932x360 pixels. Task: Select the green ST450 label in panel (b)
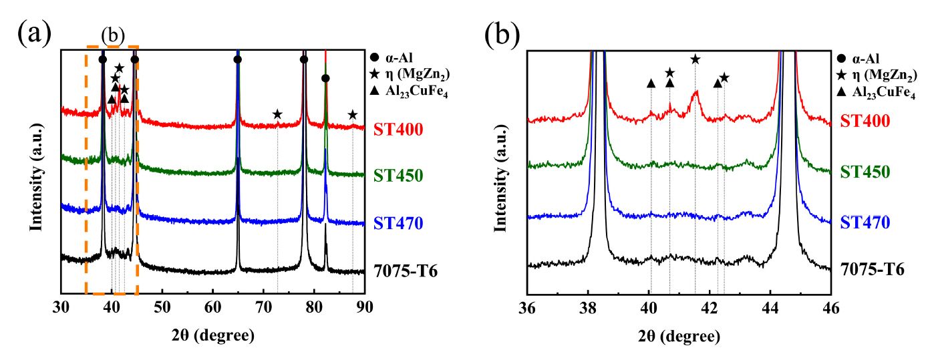(865, 171)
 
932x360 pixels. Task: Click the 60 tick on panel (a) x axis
(212, 308)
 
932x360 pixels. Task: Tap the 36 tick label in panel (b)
(528, 308)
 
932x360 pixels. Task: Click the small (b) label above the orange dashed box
(112, 34)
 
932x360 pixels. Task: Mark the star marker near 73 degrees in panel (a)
(277, 114)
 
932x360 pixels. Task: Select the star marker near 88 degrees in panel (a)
(353, 114)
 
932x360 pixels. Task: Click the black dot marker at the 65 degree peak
(238, 59)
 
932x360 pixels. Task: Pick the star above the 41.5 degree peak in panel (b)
(695, 59)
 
